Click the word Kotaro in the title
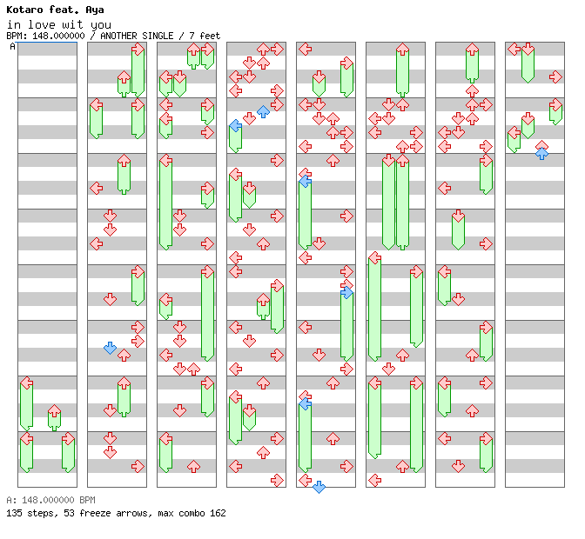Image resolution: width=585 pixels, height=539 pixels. (24, 10)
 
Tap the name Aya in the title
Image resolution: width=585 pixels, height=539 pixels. (95, 10)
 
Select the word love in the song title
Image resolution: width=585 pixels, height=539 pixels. (42, 25)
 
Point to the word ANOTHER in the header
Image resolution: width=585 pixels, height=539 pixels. (118, 36)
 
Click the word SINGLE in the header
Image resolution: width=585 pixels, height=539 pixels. (158, 36)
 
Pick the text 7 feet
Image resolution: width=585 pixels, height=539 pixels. (205, 36)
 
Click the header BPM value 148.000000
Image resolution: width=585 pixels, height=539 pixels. (58, 36)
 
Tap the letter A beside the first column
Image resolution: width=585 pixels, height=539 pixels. (13, 46)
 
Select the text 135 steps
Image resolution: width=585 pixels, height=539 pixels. (30, 513)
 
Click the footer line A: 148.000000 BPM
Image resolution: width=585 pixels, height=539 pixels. (51, 500)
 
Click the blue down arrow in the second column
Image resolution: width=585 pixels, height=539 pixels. (110, 348)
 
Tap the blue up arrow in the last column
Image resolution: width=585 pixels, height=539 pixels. (541, 154)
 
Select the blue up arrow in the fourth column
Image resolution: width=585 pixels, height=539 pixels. (263, 111)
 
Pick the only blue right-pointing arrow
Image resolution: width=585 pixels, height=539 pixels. (346, 292)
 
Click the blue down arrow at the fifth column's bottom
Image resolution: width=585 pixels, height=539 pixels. (319, 487)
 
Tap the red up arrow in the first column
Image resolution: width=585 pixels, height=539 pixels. (55, 411)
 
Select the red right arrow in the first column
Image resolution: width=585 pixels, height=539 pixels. (68, 438)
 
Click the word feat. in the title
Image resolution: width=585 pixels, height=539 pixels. (64, 10)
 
